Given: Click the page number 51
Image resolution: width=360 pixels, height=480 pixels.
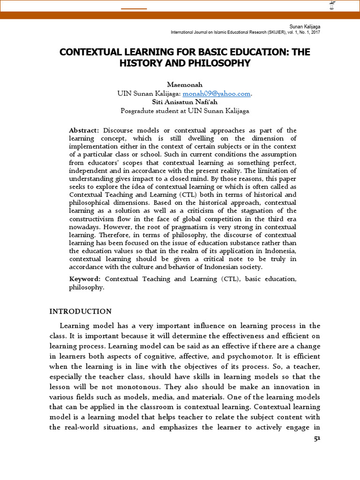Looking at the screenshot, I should point(317,438).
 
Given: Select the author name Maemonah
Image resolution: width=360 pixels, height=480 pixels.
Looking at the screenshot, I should point(183,85).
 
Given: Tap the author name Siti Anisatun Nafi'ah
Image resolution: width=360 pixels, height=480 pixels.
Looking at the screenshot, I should point(184,102).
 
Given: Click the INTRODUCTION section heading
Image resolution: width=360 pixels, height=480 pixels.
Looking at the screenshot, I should point(81,311).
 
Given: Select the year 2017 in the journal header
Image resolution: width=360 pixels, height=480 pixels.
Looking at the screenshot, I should point(315,32).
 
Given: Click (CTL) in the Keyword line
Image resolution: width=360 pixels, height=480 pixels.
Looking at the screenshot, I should point(229,279).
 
